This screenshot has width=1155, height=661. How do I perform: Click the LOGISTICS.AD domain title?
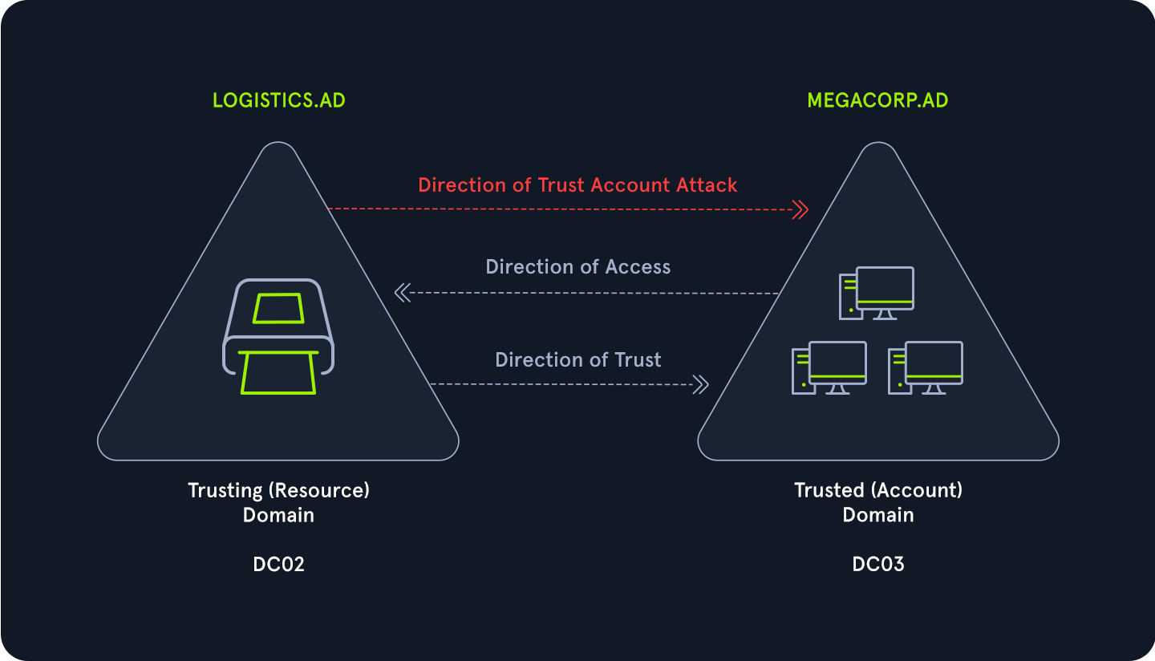click(278, 101)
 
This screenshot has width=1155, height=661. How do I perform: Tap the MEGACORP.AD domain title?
click(877, 101)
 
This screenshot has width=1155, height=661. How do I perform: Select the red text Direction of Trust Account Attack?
click(577, 185)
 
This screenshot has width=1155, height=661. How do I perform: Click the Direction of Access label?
click(577, 267)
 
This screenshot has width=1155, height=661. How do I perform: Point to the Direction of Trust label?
click(577, 360)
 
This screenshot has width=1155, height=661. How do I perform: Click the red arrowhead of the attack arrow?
click(800, 210)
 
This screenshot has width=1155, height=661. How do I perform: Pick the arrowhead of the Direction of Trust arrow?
click(700, 385)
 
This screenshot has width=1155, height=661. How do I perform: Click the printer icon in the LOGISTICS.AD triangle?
click(278, 337)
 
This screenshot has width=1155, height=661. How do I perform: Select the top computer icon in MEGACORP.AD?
click(877, 293)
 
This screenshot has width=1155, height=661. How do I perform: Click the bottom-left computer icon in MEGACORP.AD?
click(829, 367)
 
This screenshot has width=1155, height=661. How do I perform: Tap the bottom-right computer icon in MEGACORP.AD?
click(925, 367)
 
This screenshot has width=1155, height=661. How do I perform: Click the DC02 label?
click(278, 565)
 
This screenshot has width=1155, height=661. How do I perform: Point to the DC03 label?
click(877, 565)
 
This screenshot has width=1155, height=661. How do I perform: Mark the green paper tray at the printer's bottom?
click(278, 373)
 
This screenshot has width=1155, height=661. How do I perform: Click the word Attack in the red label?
click(706, 185)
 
